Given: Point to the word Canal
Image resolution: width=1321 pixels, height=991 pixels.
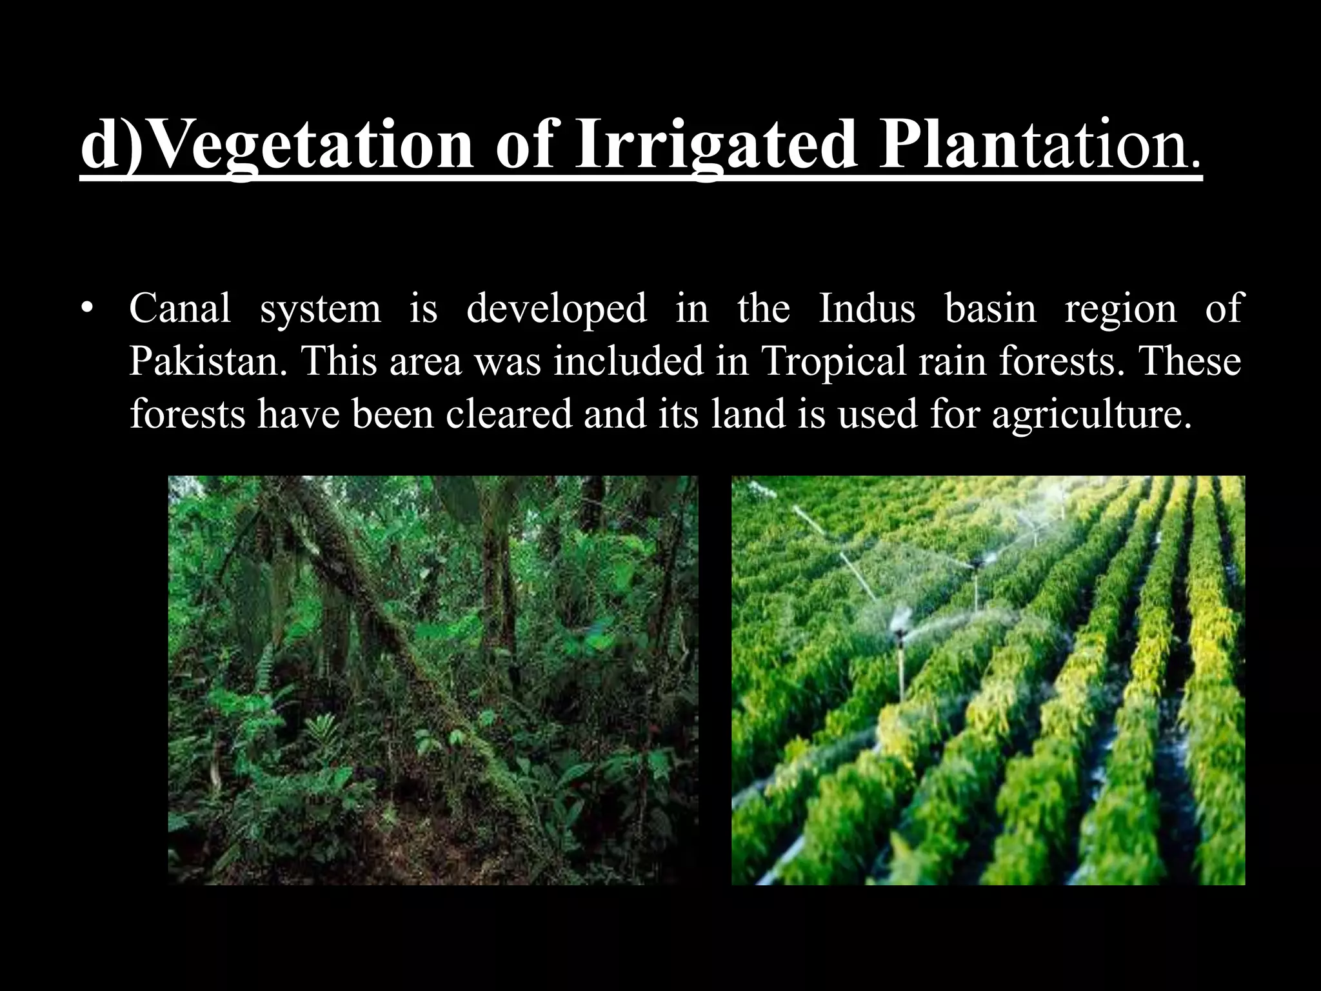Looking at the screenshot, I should point(180,308).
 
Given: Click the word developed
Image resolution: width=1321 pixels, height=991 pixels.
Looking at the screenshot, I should point(556,308).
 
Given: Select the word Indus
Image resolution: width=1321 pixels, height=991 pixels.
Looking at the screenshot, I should point(867,308).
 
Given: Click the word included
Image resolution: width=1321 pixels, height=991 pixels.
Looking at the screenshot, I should point(628,361).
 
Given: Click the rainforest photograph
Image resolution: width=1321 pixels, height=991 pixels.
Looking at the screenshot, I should point(433,680).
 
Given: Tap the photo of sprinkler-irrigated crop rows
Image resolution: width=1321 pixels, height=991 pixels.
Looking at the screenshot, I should point(988,680).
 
